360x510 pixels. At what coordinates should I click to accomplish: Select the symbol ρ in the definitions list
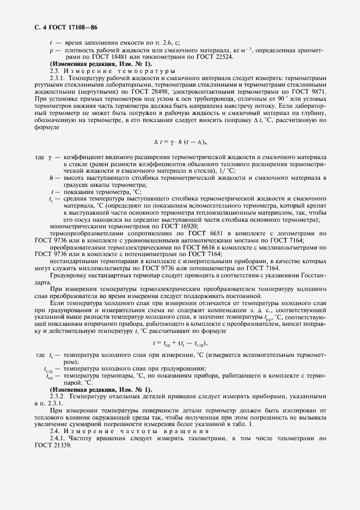(50, 50)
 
